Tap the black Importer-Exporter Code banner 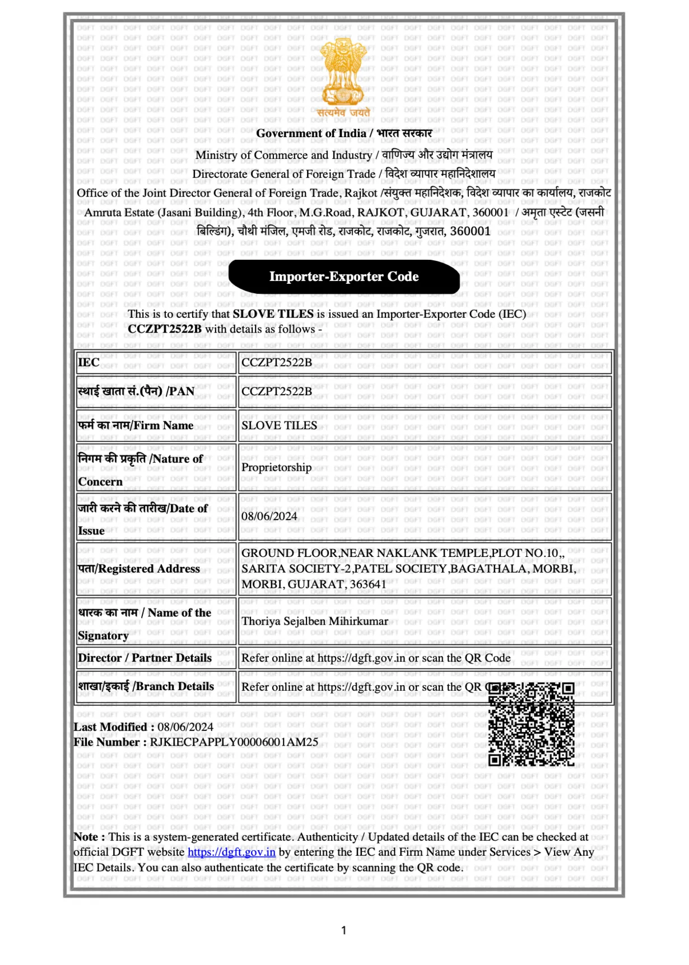point(344,277)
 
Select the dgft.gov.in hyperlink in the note point(231,852)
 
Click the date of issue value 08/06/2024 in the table point(269,516)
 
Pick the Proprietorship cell point(276,467)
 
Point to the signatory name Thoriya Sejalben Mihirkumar point(314,621)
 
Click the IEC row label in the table point(89,362)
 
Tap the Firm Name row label point(136,425)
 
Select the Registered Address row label point(139,569)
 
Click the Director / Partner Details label point(145,658)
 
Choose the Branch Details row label point(146,686)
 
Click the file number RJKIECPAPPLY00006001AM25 point(234,742)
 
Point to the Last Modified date point(185,727)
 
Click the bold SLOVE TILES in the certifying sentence point(273,314)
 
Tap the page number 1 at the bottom point(344,930)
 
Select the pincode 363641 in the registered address point(368,584)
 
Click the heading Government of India point(311,133)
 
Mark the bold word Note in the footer point(86,837)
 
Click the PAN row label point(136,391)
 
